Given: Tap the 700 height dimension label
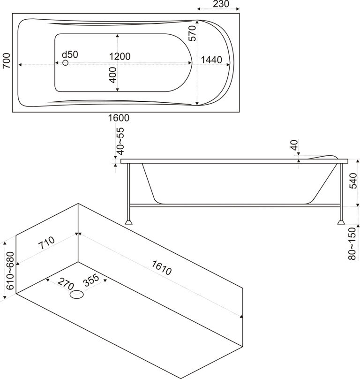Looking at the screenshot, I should (x=6, y=61).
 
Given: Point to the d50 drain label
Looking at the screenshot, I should (x=70, y=54).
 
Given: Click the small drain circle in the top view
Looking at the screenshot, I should (x=65, y=62).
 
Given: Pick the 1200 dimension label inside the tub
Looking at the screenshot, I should (x=120, y=56).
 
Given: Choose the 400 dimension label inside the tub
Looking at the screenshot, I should (x=112, y=75).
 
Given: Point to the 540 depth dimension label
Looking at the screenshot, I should (x=354, y=181).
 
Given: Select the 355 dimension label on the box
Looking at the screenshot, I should (x=91, y=280).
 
